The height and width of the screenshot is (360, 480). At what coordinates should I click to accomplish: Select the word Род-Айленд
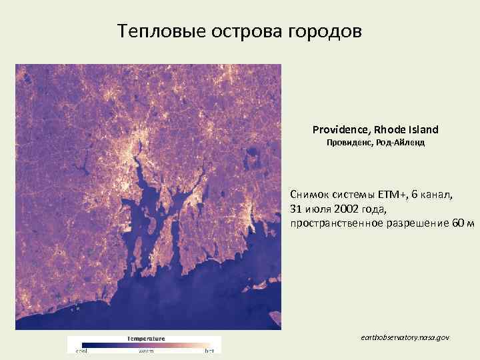pos(401,143)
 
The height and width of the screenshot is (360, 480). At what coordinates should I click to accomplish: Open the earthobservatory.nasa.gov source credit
pos(404,338)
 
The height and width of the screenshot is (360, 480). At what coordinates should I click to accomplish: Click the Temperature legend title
pos(146,338)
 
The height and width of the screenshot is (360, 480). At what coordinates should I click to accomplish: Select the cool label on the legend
pos(81,350)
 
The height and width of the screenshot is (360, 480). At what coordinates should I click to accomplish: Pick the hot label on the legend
pos(209,350)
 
